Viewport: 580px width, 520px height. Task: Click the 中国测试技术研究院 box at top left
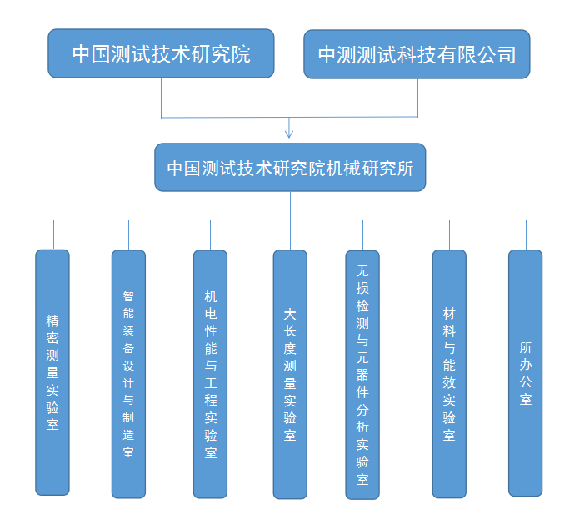(161, 53)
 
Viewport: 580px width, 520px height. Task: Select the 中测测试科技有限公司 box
(417, 54)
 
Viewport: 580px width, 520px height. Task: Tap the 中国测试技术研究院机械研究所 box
(290, 167)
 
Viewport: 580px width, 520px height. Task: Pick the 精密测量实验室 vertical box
(52, 371)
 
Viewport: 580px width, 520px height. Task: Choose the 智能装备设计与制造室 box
(128, 373)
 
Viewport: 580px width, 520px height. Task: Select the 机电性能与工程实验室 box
(210, 373)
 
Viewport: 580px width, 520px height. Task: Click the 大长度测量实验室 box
(290, 374)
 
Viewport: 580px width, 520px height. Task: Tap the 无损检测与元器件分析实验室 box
(362, 375)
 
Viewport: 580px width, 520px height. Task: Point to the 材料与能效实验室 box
(449, 373)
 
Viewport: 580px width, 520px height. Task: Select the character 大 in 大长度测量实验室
(290, 314)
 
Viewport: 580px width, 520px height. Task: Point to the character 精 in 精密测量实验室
(52, 320)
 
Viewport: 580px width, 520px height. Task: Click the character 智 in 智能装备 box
(128, 295)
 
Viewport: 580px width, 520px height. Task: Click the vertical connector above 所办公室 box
(525, 235)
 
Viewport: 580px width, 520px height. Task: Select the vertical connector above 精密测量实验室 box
(53, 235)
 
